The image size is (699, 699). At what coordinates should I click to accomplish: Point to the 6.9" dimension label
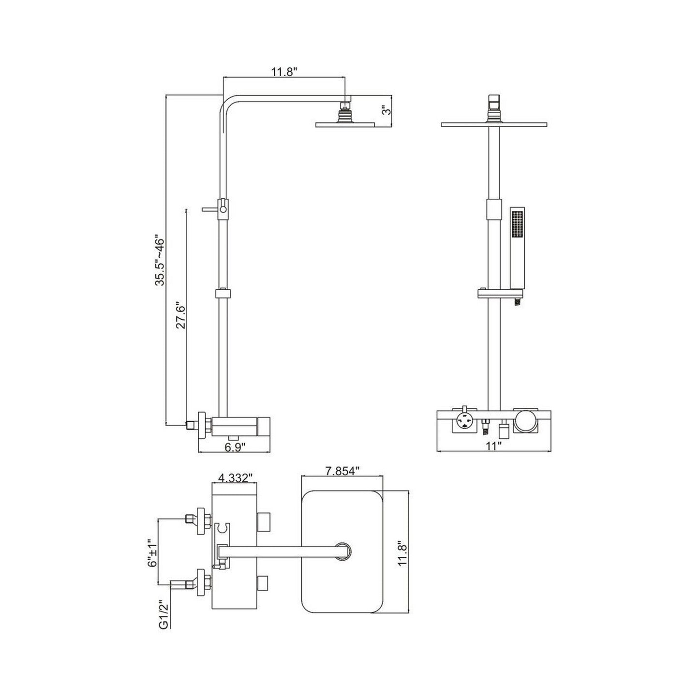pyautogui.click(x=235, y=447)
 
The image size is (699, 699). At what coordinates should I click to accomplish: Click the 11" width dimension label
pyautogui.click(x=493, y=446)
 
